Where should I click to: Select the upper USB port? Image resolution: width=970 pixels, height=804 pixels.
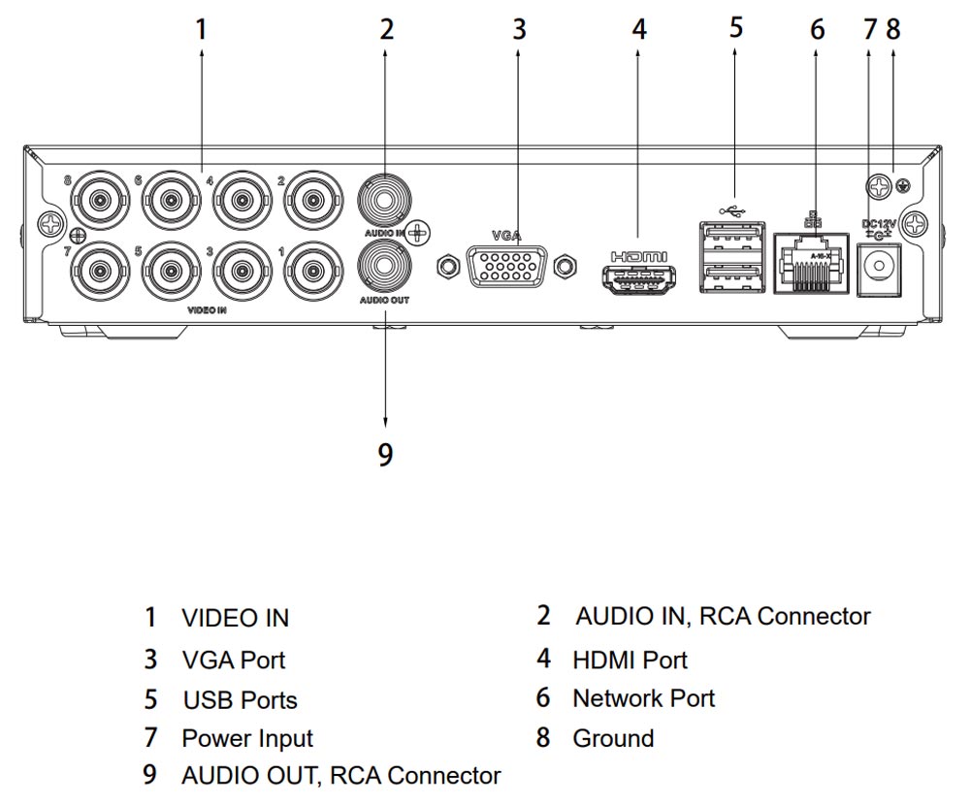point(729,239)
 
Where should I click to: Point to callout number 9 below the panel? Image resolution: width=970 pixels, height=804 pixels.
point(385,454)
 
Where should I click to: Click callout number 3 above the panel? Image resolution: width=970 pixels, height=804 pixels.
point(519,29)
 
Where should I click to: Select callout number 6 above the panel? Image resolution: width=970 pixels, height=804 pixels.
point(818,29)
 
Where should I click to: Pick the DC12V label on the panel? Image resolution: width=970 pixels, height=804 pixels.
point(880,225)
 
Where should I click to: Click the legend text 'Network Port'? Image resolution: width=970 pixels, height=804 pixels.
point(643,698)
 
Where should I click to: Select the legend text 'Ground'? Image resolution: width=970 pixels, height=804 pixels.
point(613,738)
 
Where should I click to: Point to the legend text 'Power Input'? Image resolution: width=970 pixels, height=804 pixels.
point(247,738)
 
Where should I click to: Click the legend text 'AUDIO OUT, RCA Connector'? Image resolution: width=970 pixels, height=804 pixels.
point(341,776)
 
